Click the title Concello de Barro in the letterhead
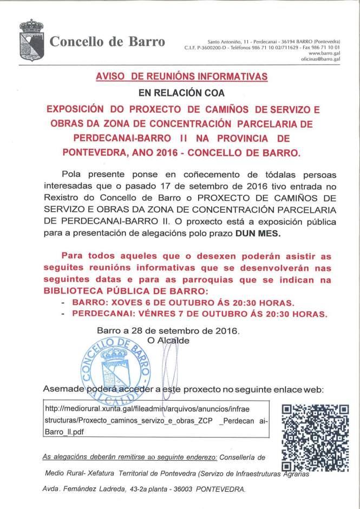tap(107, 42)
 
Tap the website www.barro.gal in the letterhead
tap(324, 54)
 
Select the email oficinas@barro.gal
tap(320, 60)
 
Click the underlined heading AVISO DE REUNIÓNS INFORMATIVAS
tap(181, 77)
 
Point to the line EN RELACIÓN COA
tap(181, 93)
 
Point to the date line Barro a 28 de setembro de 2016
tap(167, 330)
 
